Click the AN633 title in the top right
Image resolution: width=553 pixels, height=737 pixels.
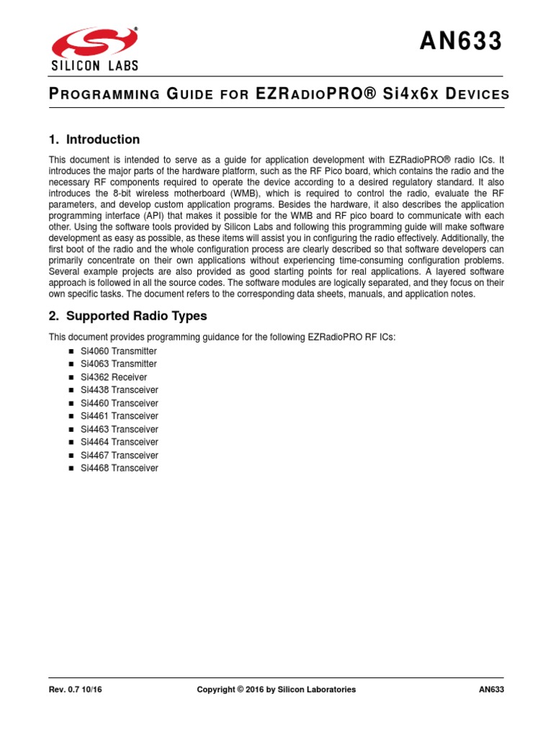tap(462, 42)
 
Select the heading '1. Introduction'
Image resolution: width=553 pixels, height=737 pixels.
tap(94, 140)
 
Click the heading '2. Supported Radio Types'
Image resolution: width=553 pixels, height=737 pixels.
tap(127, 315)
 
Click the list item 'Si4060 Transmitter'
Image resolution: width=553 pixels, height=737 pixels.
tap(118, 351)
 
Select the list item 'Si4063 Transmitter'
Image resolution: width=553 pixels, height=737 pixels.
tap(118, 364)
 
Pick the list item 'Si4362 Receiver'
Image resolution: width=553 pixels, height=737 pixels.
tap(114, 377)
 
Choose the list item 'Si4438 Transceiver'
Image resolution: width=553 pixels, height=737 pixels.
tap(119, 390)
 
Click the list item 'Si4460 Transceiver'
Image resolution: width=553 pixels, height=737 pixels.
tap(119, 403)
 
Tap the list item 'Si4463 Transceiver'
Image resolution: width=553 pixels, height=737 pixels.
tap(119, 429)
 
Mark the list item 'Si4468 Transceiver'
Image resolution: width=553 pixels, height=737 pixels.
tap(119, 468)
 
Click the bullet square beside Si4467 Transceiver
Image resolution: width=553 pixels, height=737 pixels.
tap(71, 455)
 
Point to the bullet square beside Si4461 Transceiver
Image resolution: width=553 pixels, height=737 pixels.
tap(71, 416)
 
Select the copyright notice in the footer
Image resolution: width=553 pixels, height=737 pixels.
tap(276, 689)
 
